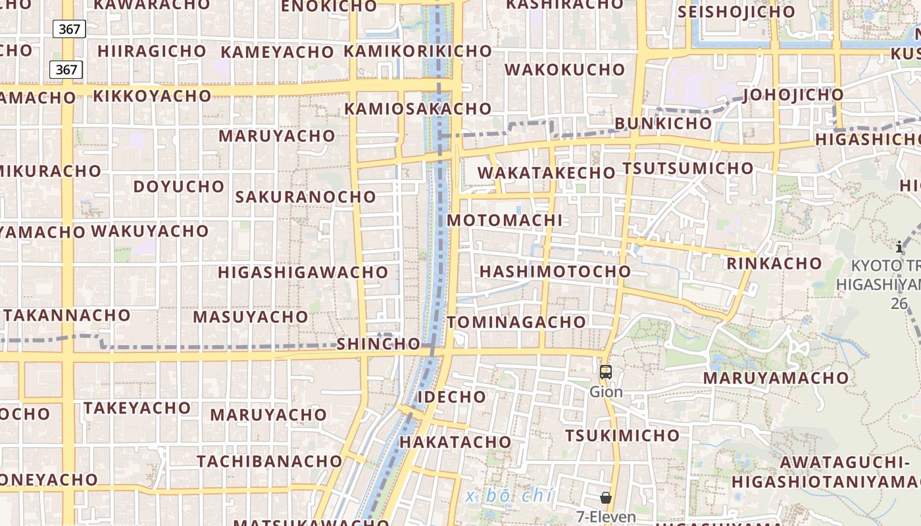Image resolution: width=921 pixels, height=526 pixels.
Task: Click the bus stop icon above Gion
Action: pyautogui.click(x=606, y=371)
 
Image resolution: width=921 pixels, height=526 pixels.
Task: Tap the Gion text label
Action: pyautogui.click(x=606, y=392)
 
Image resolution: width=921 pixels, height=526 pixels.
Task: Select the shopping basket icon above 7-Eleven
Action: pyautogui.click(x=606, y=498)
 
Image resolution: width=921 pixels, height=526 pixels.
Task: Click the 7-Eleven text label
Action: pyautogui.click(x=606, y=517)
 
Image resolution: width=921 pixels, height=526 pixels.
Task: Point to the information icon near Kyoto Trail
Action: pyautogui.click(x=899, y=247)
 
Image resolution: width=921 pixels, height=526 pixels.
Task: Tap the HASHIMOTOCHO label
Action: pyautogui.click(x=555, y=272)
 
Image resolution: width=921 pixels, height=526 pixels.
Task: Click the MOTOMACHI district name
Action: pyautogui.click(x=505, y=220)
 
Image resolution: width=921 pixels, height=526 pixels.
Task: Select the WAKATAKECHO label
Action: pyautogui.click(x=546, y=173)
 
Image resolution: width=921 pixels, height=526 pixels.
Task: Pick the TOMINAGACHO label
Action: pyautogui.click(x=516, y=322)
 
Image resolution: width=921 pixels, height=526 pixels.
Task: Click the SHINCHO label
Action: pyautogui.click(x=378, y=344)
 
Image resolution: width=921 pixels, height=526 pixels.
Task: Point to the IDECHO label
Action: pyautogui.click(x=452, y=397)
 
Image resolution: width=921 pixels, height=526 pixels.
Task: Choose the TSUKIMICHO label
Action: pyautogui.click(x=622, y=435)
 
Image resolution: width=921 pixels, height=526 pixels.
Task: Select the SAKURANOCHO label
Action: pyautogui.click(x=305, y=197)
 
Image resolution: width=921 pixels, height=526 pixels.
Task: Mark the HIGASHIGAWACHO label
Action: pyautogui.click(x=303, y=272)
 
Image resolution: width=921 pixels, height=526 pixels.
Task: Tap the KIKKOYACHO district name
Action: pyautogui.click(x=152, y=96)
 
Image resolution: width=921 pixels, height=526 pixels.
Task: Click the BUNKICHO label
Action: pyautogui.click(x=663, y=124)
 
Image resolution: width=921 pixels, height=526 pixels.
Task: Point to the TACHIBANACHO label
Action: pyautogui.click(x=270, y=461)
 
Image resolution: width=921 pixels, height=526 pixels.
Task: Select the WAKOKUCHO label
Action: pyautogui.click(x=565, y=70)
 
